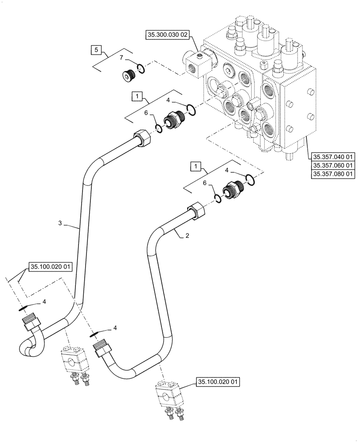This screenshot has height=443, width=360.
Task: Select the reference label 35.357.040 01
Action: point(333,156)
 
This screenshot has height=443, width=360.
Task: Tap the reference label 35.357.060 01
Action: point(333,165)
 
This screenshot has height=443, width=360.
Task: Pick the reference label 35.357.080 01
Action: point(333,174)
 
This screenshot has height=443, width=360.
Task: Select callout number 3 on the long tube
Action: point(60,224)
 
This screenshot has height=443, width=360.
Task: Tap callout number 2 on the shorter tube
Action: point(188,236)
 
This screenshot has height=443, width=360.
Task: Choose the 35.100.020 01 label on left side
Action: point(50,267)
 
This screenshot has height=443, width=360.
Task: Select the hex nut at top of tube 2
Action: point(196,209)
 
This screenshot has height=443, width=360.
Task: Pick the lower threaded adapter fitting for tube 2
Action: point(234,190)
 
